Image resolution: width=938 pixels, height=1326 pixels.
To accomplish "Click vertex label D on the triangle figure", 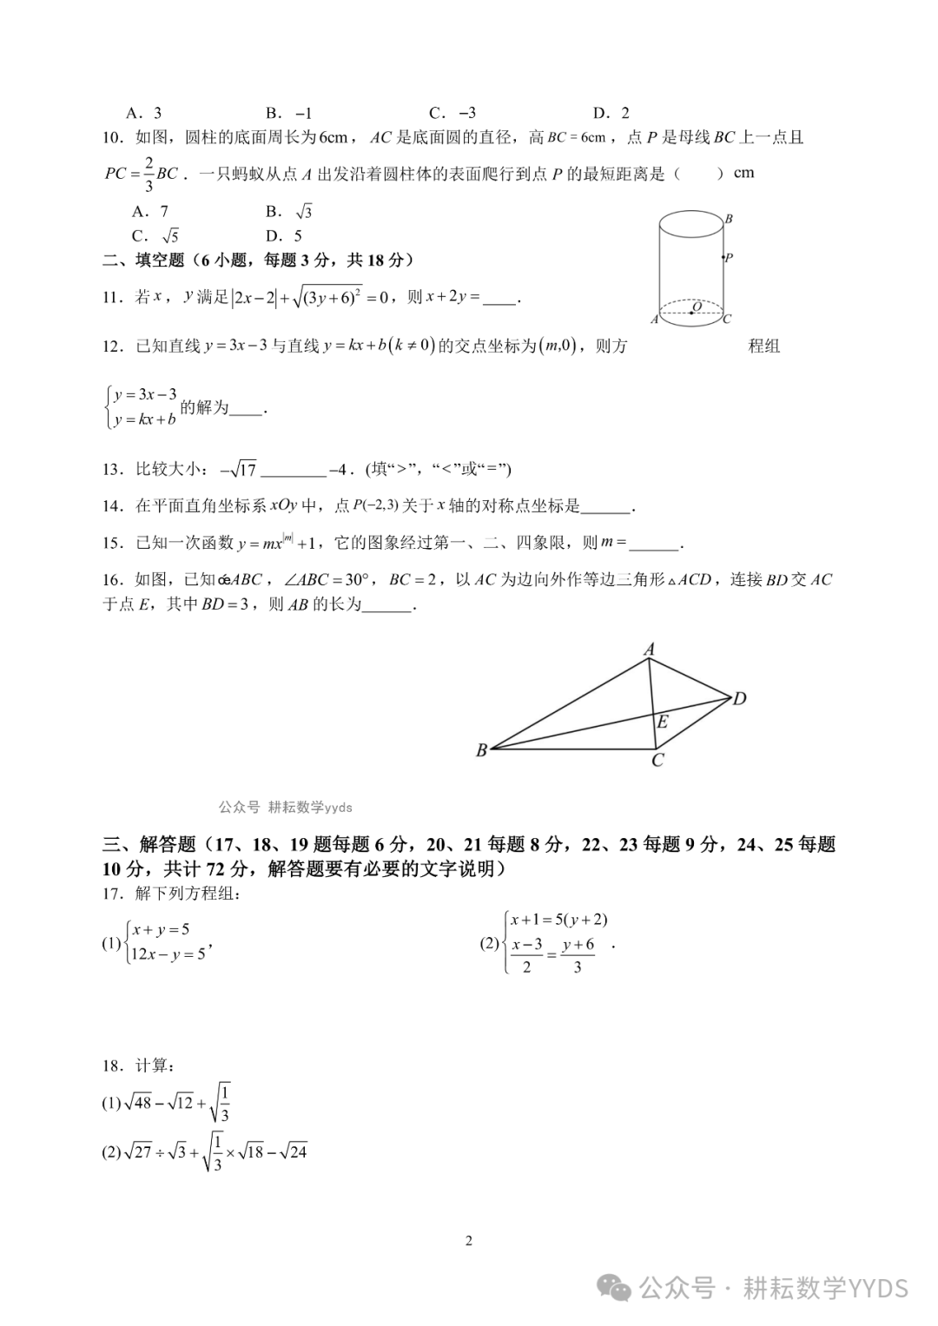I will click(x=739, y=698).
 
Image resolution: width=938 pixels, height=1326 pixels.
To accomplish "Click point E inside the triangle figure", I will click(x=663, y=722).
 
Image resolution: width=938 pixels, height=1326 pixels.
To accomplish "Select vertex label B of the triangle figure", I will click(x=481, y=750).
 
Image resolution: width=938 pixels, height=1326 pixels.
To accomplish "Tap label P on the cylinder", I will click(x=729, y=257).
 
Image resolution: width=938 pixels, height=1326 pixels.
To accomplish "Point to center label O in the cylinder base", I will click(x=697, y=307).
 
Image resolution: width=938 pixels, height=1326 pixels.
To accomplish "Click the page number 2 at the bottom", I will click(x=469, y=1241).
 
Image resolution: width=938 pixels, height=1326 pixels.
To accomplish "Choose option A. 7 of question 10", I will click(x=150, y=211).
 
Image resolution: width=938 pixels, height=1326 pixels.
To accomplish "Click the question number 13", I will click(x=113, y=470).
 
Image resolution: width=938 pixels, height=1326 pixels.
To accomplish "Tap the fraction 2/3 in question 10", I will click(x=149, y=173).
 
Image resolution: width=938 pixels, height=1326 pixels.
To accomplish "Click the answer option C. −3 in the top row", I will click(x=452, y=113).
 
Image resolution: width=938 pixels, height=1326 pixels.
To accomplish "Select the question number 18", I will click(x=113, y=1065).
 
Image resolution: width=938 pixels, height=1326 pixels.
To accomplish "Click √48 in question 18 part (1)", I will click(x=138, y=1103).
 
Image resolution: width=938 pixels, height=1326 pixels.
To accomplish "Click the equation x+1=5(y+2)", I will click(x=558, y=920).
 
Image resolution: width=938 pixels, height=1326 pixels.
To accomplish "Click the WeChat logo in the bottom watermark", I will click(x=618, y=1289).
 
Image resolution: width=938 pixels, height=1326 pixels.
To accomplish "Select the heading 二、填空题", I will click(x=144, y=260).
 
